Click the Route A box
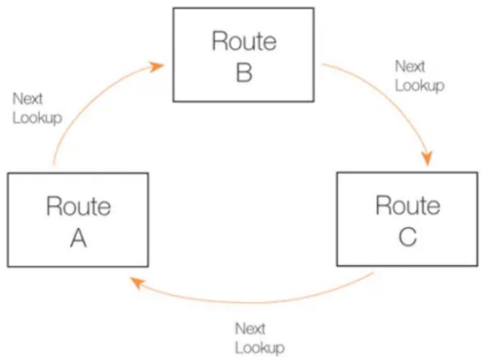pyautogui.click(x=78, y=219)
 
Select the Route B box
pyautogui.click(x=244, y=55)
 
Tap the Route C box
pyautogui.click(x=408, y=219)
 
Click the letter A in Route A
pyautogui.click(x=78, y=238)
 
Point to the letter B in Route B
pyautogui.click(x=244, y=73)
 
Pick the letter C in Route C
pyautogui.click(x=408, y=237)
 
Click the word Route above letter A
pyautogui.click(x=79, y=206)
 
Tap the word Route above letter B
pyautogui.click(x=244, y=41)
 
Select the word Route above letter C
pyautogui.click(x=408, y=205)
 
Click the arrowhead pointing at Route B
pyautogui.click(x=156, y=66)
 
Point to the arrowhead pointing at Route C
pyautogui.click(x=427, y=158)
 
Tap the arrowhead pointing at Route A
pyautogui.click(x=136, y=282)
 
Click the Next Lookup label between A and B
pyautogui.click(x=37, y=109)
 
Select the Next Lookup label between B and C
pyautogui.click(x=419, y=76)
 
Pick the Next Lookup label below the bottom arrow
pyautogui.click(x=259, y=339)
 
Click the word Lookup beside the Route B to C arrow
pyautogui.click(x=419, y=85)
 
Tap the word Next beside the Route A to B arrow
pyautogui.click(x=28, y=99)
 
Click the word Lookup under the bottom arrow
pyautogui.click(x=259, y=348)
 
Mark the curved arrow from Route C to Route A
pyautogui.click(x=253, y=303)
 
